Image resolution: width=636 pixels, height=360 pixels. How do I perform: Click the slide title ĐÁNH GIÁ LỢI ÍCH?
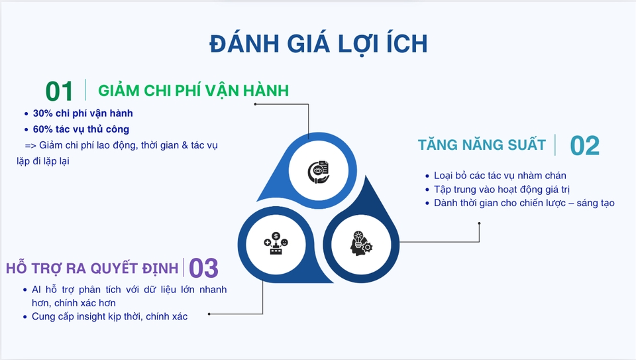(x=319, y=44)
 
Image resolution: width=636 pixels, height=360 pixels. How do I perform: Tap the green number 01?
(x=59, y=91)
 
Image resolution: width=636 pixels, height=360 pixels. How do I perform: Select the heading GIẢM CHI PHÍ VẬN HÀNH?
(x=193, y=91)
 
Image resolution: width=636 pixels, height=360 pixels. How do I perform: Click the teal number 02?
(x=584, y=146)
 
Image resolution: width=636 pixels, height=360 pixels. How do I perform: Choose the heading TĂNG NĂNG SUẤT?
(x=482, y=145)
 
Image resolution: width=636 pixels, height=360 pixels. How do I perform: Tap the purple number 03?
(x=203, y=269)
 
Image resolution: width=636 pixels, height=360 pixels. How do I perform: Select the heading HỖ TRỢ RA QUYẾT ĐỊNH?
(x=92, y=268)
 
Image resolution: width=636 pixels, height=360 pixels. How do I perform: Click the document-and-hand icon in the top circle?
(x=319, y=172)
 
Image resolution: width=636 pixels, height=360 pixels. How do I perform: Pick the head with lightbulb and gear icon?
(x=361, y=243)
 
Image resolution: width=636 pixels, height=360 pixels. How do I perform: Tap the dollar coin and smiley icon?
(x=276, y=243)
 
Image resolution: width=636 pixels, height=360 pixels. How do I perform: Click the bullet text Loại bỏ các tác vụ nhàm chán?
(x=500, y=175)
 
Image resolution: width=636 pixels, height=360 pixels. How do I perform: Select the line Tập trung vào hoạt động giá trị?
(x=502, y=189)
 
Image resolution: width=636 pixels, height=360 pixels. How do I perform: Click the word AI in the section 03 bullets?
(x=36, y=289)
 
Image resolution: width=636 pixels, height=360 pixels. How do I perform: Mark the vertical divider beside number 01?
(x=85, y=90)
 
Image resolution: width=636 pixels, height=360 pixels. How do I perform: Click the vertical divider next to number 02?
(x=555, y=145)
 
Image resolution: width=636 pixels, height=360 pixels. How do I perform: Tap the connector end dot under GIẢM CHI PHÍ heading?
(x=255, y=104)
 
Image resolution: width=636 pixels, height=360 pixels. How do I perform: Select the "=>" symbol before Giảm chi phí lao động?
(x=30, y=145)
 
